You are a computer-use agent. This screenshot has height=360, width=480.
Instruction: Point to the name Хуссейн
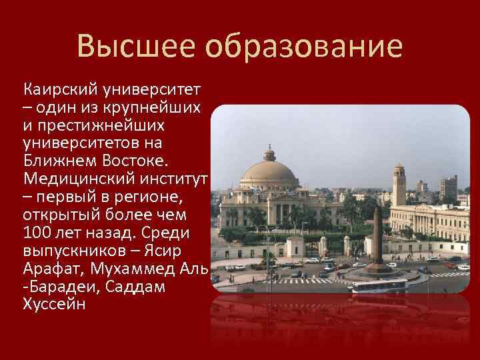(x=54, y=305)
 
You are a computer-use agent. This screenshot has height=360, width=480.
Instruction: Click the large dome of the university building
(x=270, y=175)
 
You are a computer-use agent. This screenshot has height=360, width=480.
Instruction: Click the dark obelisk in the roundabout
(x=377, y=237)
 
